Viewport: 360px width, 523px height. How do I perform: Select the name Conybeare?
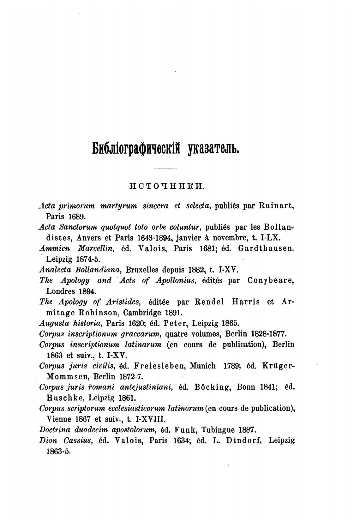(271, 281)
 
